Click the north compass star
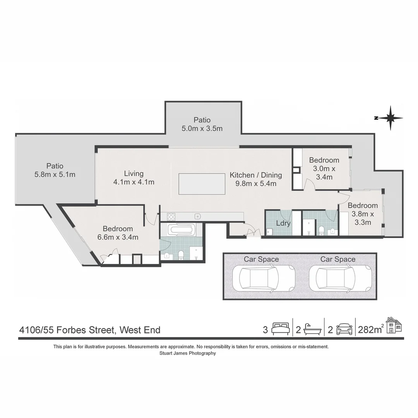(390, 118)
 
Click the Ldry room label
(283, 223)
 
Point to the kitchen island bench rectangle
(202, 184)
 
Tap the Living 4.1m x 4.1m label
(134, 178)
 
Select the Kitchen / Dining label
(256, 179)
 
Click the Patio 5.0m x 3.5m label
(202, 124)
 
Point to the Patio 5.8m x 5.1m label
(55, 170)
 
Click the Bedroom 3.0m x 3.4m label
(324, 168)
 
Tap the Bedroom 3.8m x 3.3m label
(363, 214)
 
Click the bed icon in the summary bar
(281, 329)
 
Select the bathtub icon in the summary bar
(312, 329)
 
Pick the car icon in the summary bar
(344, 329)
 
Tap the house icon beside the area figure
(394, 325)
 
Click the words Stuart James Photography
(188, 353)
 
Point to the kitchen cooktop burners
(171, 217)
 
